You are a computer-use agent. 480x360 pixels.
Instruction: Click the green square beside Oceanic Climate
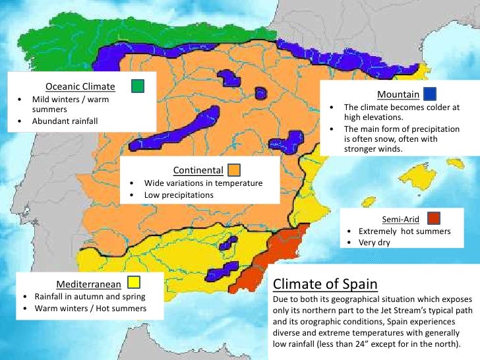(x=138, y=86)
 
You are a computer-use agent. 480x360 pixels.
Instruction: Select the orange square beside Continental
(x=235, y=169)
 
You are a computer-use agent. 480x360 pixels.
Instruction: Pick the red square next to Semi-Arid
(x=433, y=218)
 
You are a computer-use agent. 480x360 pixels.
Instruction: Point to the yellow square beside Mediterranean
(x=134, y=283)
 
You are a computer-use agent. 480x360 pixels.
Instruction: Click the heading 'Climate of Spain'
(x=325, y=284)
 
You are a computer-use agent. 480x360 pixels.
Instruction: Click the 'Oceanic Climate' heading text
(x=80, y=86)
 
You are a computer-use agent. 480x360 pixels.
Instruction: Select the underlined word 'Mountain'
(x=398, y=94)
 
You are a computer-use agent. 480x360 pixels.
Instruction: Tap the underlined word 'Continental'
(x=198, y=170)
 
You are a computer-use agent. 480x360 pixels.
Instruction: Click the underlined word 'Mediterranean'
(x=88, y=284)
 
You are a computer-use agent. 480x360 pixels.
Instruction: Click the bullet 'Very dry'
(x=375, y=243)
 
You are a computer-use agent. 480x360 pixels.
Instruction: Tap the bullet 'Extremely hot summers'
(x=404, y=231)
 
